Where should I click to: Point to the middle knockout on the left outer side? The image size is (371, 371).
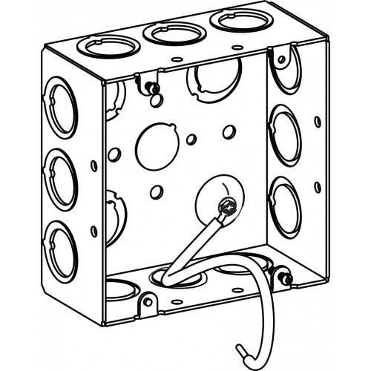[61, 180]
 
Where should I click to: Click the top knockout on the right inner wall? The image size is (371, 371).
[284, 68]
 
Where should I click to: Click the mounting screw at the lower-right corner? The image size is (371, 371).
[285, 279]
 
